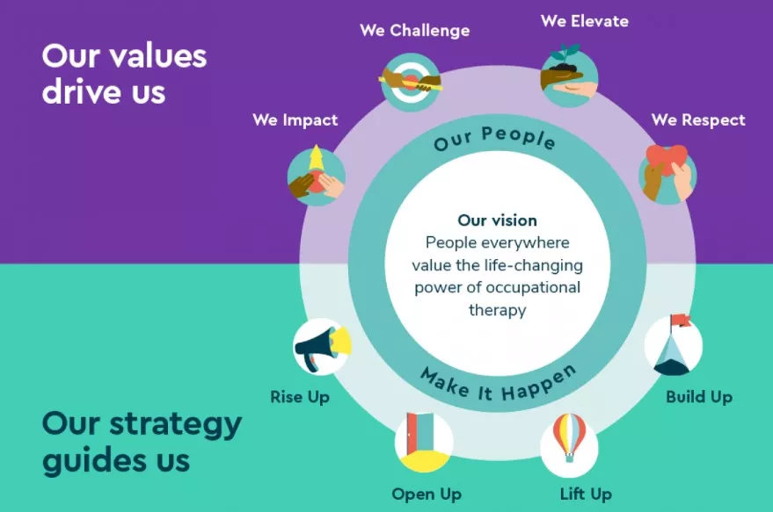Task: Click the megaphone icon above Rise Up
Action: [322, 347]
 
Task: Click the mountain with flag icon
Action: [674, 346]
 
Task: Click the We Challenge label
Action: [414, 31]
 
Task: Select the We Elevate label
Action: [585, 20]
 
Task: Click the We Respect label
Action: [698, 120]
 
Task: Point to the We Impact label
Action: [295, 120]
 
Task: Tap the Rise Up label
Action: [300, 397]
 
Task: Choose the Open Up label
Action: [427, 494]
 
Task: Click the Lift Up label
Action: [586, 494]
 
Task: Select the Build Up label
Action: [698, 397]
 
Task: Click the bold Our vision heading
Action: [497, 220]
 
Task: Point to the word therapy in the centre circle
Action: [497, 310]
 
